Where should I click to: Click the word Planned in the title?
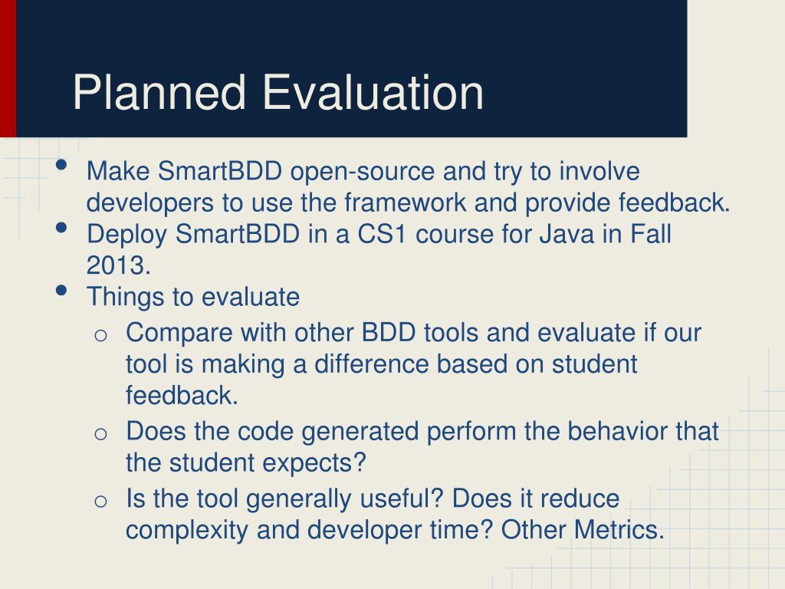pos(159,93)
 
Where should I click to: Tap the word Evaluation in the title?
pos(373,92)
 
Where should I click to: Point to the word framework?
pos(405,202)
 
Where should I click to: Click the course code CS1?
pos(382,234)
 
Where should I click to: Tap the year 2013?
pos(118,265)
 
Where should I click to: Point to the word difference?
pos(371,364)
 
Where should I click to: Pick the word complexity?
pos(187,531)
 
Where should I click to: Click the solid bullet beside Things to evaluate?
pos(62,291)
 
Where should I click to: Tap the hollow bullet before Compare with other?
pos(100,335)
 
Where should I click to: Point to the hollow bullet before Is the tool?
pos(100,501)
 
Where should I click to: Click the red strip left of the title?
pos(8,68)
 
